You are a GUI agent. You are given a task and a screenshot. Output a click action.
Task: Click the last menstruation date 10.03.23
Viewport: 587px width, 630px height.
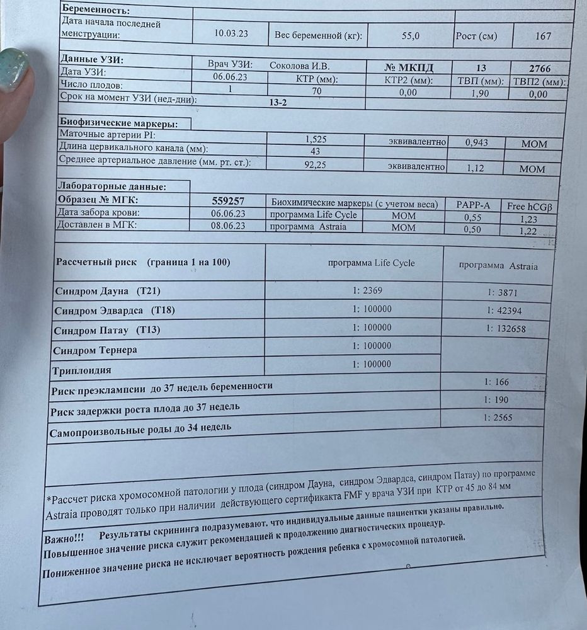tap(231, 34)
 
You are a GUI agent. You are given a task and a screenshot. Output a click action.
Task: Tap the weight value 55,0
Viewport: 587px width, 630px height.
tap(410, 36)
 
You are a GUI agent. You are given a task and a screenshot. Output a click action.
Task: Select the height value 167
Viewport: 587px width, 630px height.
tap(543, 37)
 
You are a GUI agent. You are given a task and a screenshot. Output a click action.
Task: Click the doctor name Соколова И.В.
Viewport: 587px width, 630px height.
tap(300, 66)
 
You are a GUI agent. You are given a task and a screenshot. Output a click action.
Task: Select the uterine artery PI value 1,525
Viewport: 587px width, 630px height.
tap(315, 139)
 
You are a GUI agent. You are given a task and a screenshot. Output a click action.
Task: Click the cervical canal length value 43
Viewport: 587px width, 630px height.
tap(316, 152)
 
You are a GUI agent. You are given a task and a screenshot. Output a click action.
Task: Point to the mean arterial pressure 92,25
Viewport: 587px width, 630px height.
tap(314, 164)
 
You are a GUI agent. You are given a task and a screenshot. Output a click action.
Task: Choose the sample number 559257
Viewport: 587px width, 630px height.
tap(229, 201)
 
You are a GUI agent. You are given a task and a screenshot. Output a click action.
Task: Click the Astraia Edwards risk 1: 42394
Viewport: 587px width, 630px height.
tap(504, 311)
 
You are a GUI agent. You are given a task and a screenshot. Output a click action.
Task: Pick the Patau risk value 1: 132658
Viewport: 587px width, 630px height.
tap(506, 329)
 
